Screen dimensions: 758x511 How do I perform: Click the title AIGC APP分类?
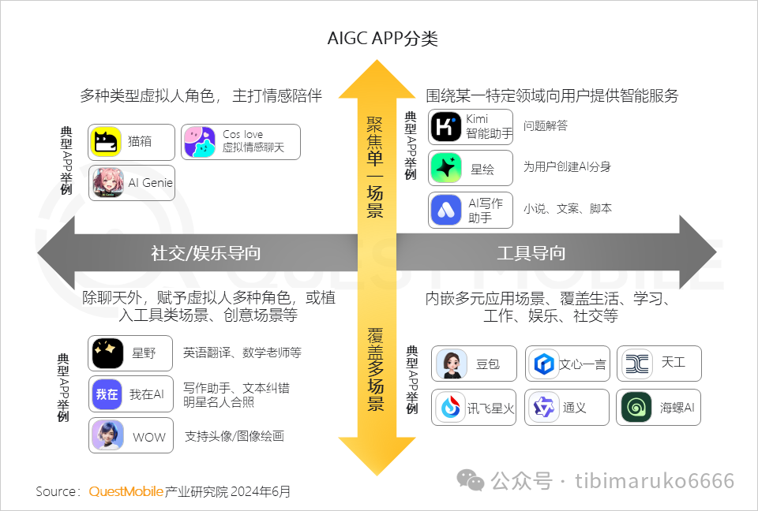click(x=382, y=38)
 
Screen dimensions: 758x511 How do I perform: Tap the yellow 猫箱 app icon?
click(x=106, y=141)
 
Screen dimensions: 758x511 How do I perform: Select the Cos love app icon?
click(x=200, y=142)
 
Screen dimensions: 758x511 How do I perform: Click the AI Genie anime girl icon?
click(x=108, y=183)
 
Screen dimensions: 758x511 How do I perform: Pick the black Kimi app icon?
click(x=445, y=126)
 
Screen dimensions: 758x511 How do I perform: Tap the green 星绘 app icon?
click(x=445, y=168)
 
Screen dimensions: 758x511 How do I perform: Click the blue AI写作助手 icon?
click(x=445, y=210)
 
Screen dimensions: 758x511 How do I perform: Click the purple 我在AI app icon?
click(x=107, y=394)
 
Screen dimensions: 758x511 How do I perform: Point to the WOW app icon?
click(x=107, y=435)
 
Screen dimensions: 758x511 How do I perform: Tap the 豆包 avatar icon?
click(x=452, y=364)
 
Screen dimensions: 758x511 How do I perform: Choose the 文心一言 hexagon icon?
click(x=544, y=364)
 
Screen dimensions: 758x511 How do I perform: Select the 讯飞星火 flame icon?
click(x=451, y=407)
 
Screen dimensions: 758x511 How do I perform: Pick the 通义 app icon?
click(x=544, y=407)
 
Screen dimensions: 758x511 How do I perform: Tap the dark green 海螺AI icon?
click(x=636, y=407)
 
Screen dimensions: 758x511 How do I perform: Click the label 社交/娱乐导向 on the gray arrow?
click(x=206, y=252)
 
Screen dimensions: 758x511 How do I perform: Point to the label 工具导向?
click(x=531, y=252)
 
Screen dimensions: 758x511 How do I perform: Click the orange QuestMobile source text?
click(x=126, y=492)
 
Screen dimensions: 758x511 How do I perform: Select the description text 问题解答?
click(x=546, y=125)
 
